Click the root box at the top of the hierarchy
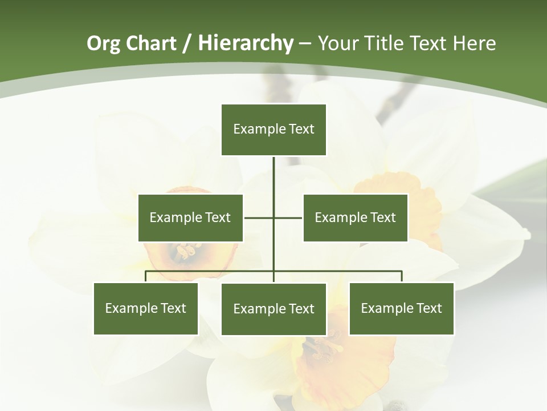(x=273, y=130)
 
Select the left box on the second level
(x=190, y=217)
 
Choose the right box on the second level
(x=355, y=217)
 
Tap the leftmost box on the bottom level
(x=145, y=308)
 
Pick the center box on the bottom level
(x=273, y=309)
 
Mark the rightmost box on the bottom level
(x=401, y=308)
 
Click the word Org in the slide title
(x=103, y=43)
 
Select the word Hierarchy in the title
(x=246, y=43)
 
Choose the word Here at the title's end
(x=474, y=43)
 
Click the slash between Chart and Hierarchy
(x=187, y=44)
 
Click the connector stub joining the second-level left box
(x=259, y=217)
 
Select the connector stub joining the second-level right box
(x=288, y=217)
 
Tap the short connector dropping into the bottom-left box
(x=146, y=276)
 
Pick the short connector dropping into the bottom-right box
(x=402, y=276)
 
